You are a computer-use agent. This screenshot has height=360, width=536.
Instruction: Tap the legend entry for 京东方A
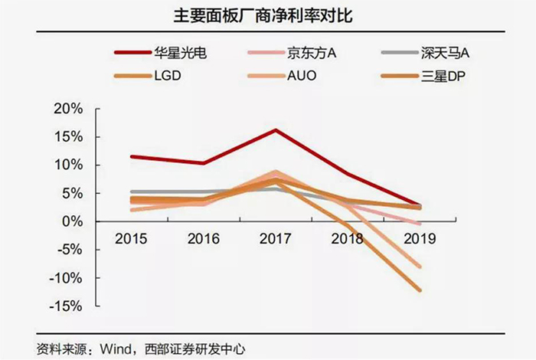click(x=312, y=53)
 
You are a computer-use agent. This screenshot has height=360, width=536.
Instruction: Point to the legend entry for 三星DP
click(x=443, y=76)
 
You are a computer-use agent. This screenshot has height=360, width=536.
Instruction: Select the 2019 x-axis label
click(x=419, y=238)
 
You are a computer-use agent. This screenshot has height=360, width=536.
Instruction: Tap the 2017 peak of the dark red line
click(x=276, y=130)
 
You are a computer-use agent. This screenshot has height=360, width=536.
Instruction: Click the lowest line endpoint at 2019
click(x=419, y=290)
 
